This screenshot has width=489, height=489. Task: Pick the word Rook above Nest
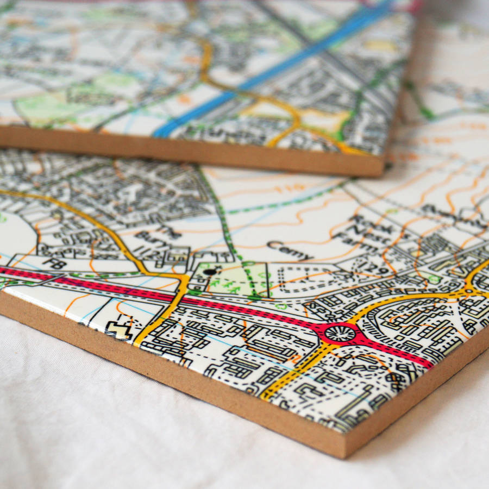coord(363,221)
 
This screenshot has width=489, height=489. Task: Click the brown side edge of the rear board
coord(190,152)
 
